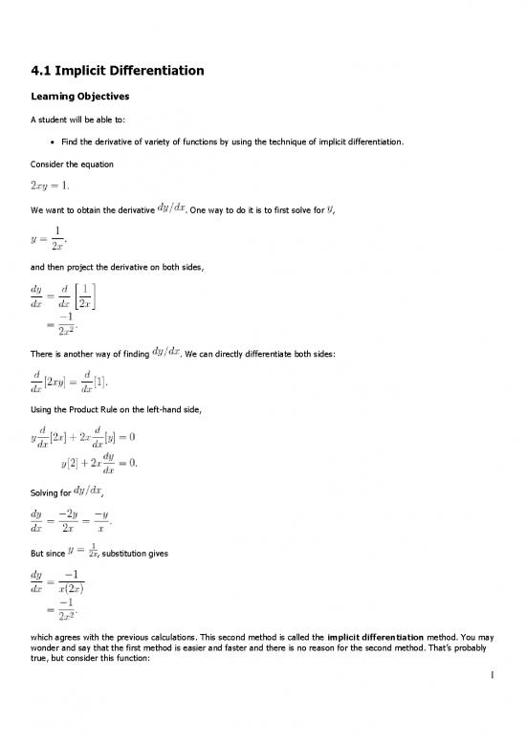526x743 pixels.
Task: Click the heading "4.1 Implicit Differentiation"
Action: (x=119, y=70)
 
